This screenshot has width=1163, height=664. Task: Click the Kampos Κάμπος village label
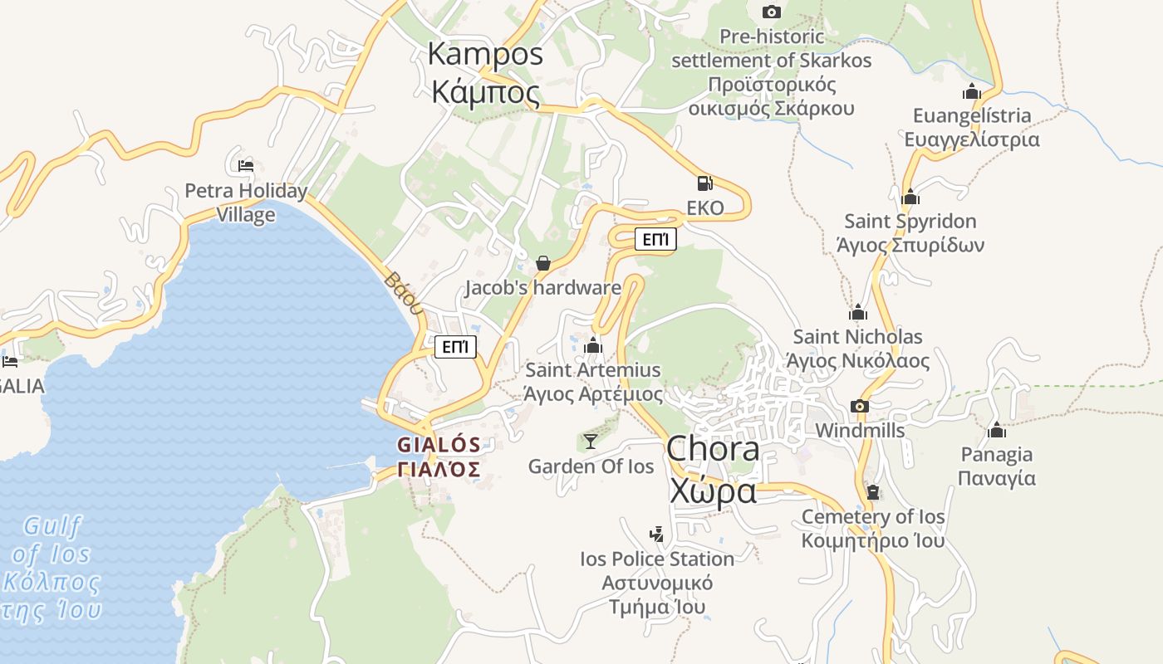(x=485, y=73)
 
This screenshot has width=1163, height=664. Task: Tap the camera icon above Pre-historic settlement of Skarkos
(x=772, y=12)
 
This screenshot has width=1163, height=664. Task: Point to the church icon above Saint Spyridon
(x=910, y=198)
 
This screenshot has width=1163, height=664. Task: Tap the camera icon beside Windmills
(x=860, y=406)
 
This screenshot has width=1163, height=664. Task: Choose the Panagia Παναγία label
(x=997, y=466)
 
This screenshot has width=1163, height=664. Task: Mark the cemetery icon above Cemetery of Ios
(x=872, y=492)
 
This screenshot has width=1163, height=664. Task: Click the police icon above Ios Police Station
(x=657, y=534)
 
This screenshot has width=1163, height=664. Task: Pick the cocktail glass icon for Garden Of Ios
(x=591, y=441)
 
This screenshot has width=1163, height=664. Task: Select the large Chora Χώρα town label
(x=713, y=470)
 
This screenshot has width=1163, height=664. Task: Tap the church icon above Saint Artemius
(x=593, y=345)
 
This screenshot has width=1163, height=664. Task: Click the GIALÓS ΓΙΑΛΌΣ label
(x=439, y=457)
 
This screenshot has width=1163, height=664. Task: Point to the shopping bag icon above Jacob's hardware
(x=543, y=263)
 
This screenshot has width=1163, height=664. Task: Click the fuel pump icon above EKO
(x=704, y=183)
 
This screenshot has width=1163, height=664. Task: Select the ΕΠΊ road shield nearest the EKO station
(x=655, y=240)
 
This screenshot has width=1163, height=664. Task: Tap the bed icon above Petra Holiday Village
(x=245, y=166)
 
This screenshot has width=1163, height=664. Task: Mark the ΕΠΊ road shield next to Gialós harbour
(x=455, y=347)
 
